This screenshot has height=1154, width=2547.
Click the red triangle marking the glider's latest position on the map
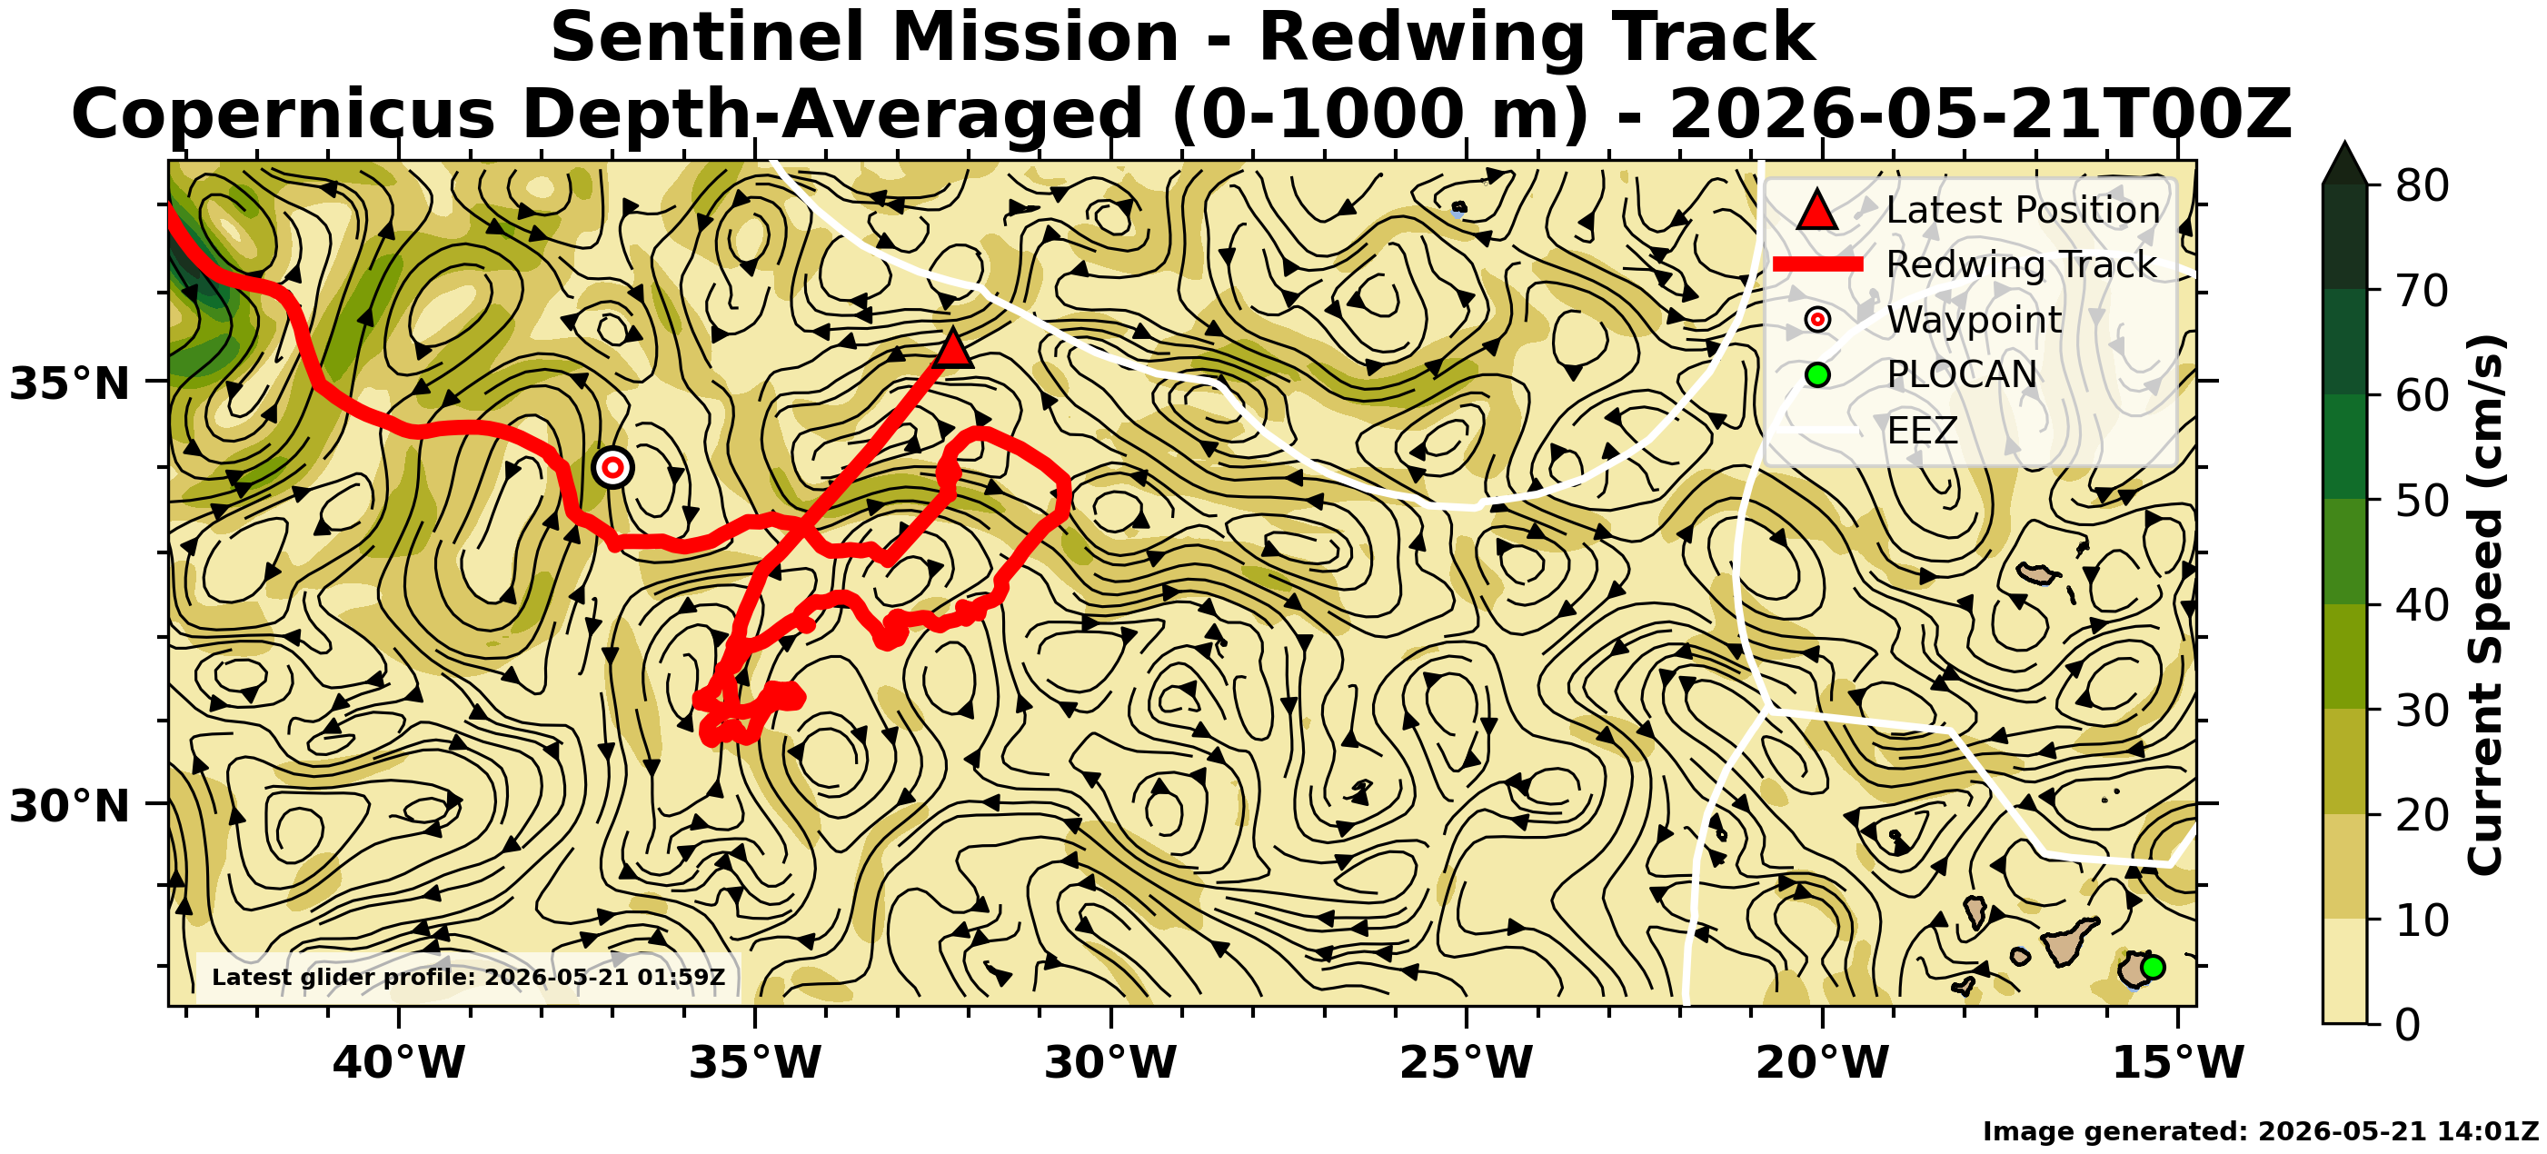[952, 350]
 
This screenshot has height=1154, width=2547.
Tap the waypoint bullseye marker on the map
[613, 467]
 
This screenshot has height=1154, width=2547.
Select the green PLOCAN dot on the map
[2153, 967]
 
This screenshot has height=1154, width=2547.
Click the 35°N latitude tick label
[70, 383]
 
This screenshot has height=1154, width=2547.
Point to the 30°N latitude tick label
[70, 806]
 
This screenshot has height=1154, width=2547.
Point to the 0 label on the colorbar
[2409, 1024]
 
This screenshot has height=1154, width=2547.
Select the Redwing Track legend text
[2021, 264]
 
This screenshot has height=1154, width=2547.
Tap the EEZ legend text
[1922, 430]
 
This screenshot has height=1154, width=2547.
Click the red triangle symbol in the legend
[1817, 210]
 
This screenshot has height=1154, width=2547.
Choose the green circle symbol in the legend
[1817, 374]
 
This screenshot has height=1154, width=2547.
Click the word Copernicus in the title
[283, 114]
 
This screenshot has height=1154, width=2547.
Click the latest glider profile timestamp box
[469, 977]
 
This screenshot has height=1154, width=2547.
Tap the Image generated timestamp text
[2260, 1131]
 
